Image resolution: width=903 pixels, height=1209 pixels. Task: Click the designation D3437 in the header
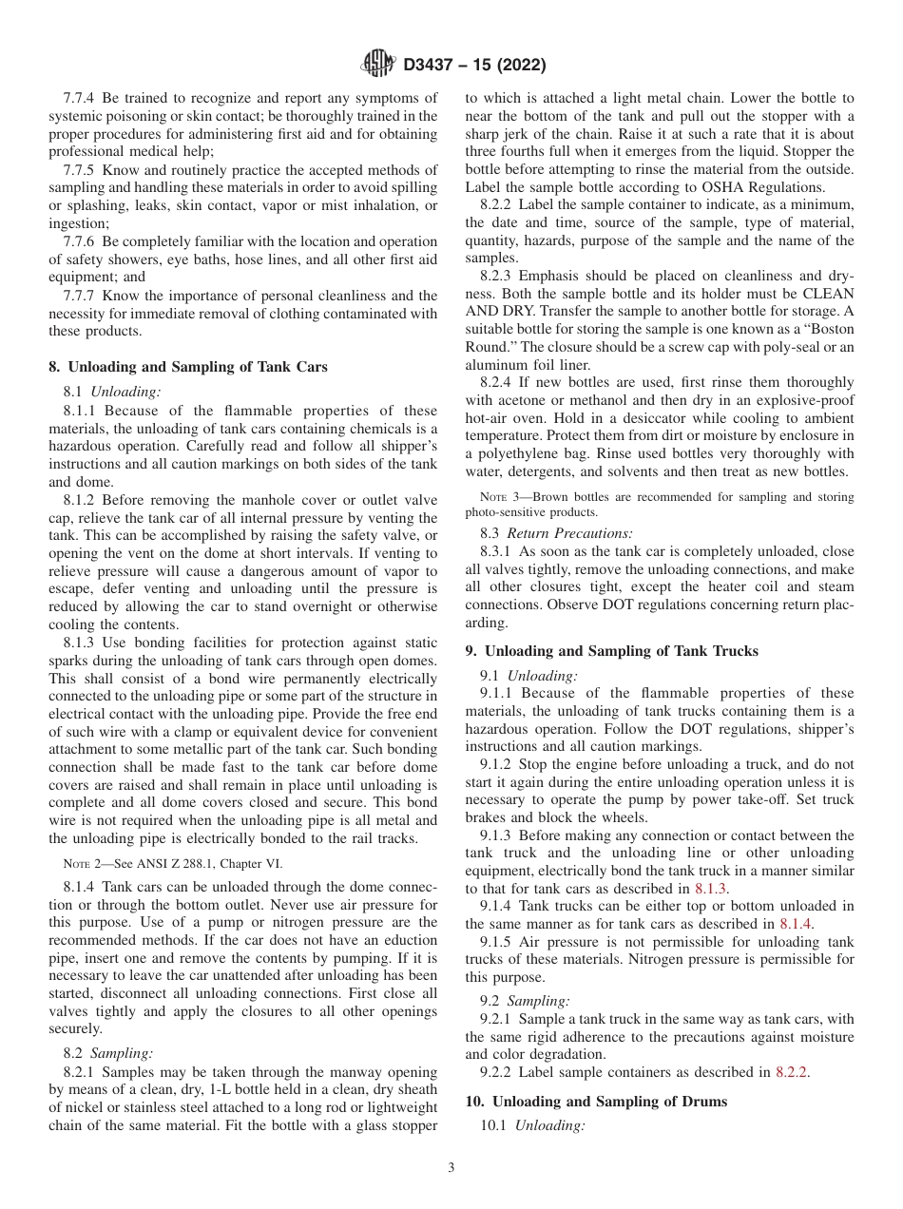tap(432, 66)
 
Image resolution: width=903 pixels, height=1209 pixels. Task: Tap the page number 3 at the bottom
tap(451, 1168)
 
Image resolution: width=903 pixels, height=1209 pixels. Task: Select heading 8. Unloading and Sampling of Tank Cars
tap(188, 367)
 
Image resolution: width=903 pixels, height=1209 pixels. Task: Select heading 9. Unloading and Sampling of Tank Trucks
tap(612, 651)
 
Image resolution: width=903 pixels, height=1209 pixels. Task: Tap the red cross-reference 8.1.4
tap(795, 923)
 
